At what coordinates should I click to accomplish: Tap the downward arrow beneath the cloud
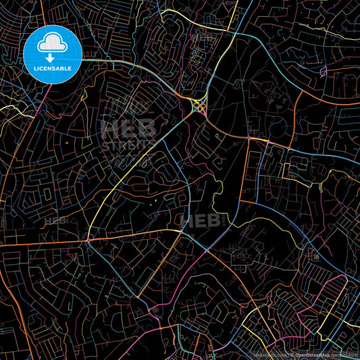[x=50, y=57]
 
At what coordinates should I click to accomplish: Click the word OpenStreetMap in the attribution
[x=313, y=353]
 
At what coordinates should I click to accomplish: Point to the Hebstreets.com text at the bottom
[x=269, y=353]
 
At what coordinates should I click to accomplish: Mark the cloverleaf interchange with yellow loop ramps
[x=199, y=105]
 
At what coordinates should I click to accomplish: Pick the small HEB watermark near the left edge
[x=55, y=221]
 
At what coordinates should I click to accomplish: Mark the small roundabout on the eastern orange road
[x=289, y=147]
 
